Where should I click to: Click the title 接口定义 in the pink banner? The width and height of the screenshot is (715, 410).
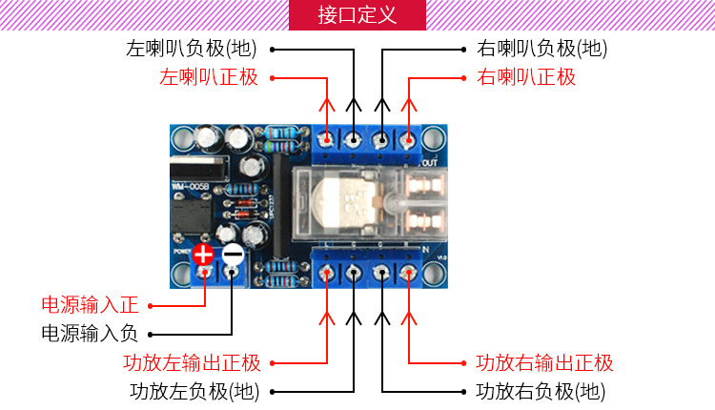pyautogui.click(x=357, y=16)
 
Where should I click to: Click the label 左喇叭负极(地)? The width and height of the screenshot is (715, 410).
pyautogui.click(x=192, y=48)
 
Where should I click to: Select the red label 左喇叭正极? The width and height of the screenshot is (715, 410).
pyautogui.click(x=209, y=77)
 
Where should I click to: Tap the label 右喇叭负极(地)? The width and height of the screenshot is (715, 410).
pyautogui.click(x=541, y=48)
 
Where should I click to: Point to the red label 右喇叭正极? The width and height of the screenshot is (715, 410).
pyautogui.click(x=526, y=77)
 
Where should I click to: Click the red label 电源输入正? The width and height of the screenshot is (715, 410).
pyautogui.click(x=90, y=305)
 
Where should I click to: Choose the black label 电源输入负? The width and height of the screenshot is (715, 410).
pyautogui.click(x=90, y=334)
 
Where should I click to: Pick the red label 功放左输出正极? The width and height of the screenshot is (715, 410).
pyautogui.click(x=192, y=362)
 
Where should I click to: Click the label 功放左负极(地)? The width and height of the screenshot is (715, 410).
pyautogui.click(x=194, y=391)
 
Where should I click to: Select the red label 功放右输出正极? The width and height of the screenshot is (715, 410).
pyautogui.click(x=544, y=362)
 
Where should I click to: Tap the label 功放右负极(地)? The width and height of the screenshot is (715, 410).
pyautogui.click(x=540, y=391)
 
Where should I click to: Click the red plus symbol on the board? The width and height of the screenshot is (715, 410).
pyautogui.click(x=203, y=255)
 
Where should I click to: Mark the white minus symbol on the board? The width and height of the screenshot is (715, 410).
pyautogui.click(x=233, y=255)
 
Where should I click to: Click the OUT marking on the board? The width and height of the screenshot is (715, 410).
pyautogui.click(x=428, y=163)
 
